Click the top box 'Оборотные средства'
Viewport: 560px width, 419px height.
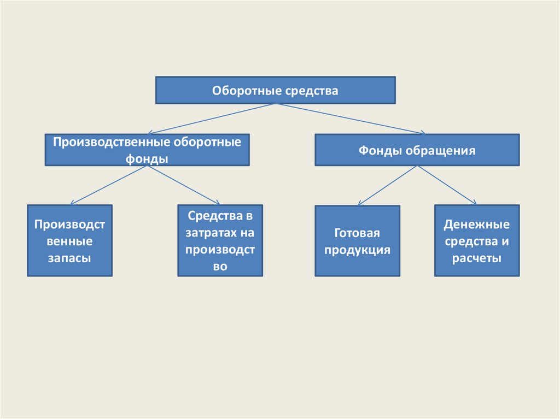pos(275,90)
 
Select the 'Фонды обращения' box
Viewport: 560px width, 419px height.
pos(417,150)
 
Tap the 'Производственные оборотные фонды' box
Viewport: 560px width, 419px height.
pos(147,150)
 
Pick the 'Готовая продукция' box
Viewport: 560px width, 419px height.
pos(357,241)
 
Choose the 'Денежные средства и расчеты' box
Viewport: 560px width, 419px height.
pos(477,241)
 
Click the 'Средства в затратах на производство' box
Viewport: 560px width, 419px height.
pos(220,241)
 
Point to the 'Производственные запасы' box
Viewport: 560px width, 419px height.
pos(69,241)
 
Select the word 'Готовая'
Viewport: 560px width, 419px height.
pos(357,233)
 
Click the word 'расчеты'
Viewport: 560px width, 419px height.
pos(477,258)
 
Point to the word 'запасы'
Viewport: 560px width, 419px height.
pos(69,258)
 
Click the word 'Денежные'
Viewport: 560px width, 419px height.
pos(477,225)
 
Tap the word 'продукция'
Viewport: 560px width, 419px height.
pos(357,250)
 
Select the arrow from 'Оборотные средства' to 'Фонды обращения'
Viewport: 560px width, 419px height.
pos(350,118)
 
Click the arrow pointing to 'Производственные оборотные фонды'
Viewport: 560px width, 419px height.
pos(211,119)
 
